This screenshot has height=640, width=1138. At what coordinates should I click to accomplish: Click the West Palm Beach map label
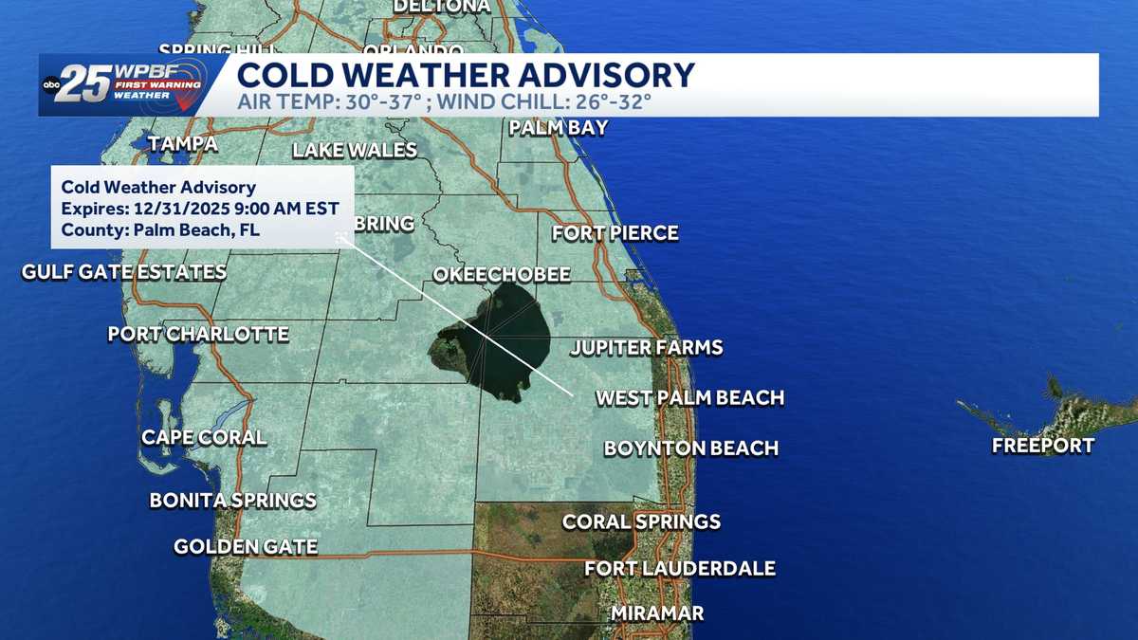coord(689,397)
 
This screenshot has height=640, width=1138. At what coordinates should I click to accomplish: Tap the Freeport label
coord(1043,446)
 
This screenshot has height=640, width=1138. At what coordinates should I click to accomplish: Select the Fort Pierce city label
coord(615,232)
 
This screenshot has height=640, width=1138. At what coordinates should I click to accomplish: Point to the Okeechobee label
coord(502,274)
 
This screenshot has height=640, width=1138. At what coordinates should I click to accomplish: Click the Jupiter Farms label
coord(646,348)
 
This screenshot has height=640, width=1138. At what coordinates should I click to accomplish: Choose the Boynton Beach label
coord(690,448)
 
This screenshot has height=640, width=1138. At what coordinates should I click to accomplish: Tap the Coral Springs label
coord(641,521)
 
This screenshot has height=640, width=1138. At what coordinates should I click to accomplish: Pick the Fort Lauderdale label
coord(679,569)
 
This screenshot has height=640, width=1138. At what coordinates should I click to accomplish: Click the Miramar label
coord(657,613)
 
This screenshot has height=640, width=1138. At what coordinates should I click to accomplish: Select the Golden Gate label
coord(246,546)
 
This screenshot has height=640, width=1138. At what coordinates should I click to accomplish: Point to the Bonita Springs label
coord(232,500)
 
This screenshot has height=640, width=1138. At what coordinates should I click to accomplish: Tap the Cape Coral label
coord(204,437)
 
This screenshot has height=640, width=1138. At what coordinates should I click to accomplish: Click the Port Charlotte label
coord(198,334)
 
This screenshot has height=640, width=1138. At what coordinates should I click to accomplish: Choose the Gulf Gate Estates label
coord(124,272)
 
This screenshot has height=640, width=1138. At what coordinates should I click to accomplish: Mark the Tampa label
coord(183,144)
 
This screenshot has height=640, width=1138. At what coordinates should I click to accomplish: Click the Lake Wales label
coord(355,150)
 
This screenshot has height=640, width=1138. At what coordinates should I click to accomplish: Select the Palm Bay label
coord(559,127)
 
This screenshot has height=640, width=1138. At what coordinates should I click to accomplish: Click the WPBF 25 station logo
coord(123,85)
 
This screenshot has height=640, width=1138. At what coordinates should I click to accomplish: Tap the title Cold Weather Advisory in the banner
coord(465,75)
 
